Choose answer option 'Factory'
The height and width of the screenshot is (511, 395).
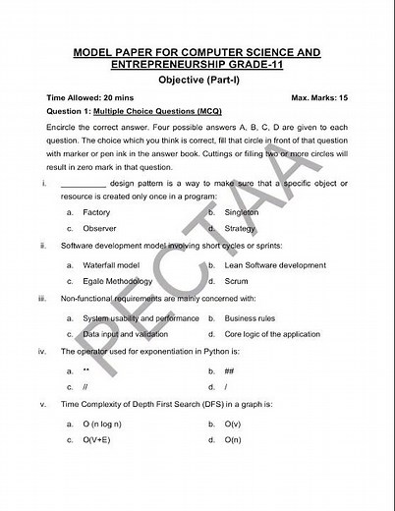coord(96,212)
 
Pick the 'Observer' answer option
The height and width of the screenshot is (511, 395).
coord(99,228)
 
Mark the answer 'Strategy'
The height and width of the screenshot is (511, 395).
coord(240,228)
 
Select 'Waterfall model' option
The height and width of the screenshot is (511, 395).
coord(111,265)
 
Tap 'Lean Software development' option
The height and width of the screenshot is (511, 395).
coord(275,265)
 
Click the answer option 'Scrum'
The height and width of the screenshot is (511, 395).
coord(237,281)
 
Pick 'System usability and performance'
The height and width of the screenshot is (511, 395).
coord(141,318)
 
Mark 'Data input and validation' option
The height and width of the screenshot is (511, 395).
coord(126,334)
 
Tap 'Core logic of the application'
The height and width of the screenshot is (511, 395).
coord(272,334)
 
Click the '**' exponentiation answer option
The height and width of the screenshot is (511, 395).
coord(86,371)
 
